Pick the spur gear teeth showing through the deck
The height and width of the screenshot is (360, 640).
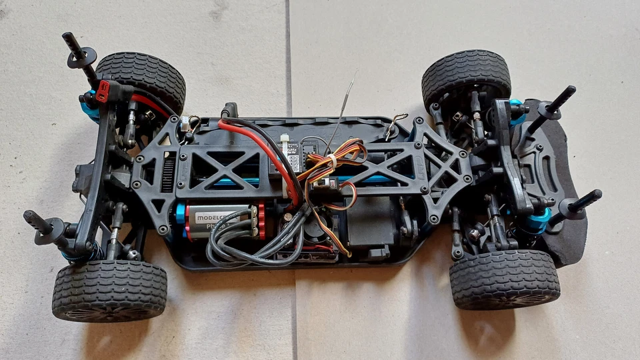[167, 172]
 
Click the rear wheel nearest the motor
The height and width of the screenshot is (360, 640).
[109, 289]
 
